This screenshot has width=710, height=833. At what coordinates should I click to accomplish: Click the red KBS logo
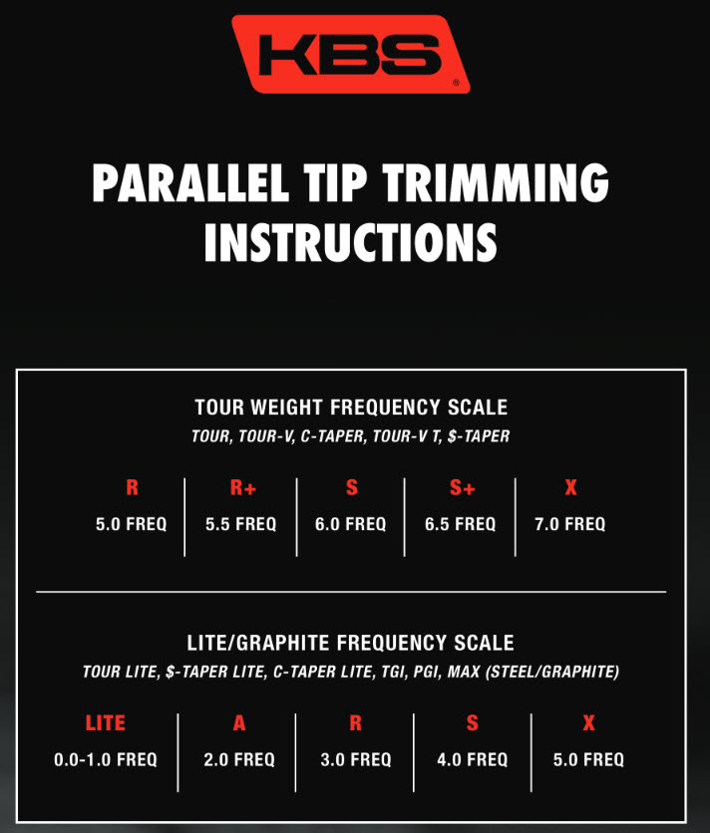pyautogui.click(x=351, y=54)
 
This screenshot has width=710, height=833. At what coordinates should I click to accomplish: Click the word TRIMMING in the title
pyautogui.click(x=496, y=182)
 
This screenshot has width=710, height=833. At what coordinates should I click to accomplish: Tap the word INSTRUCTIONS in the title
pyautogui.click(x=350, y=242)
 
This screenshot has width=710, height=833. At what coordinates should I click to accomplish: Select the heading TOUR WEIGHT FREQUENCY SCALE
pyautogui.click(x=351, y=408)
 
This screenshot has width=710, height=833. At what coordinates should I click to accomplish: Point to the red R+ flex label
pyautogui.click(x=243, y=487)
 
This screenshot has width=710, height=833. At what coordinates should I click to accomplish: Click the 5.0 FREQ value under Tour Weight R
pyautogui.click(x=132, y=524)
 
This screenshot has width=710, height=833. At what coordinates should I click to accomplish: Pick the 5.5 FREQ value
pyautogui.click(x=241, y=524)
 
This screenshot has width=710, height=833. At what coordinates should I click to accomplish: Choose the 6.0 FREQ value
pyautogui.click(x=350, y=524)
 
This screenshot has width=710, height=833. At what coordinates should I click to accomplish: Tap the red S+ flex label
pyautogui.click(x=462, y=487)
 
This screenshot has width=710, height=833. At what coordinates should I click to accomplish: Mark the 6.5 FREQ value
pyautogui.click(x=460, y=524)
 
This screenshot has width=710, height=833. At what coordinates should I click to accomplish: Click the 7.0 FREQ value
pyautogui.click(x=570, y=524)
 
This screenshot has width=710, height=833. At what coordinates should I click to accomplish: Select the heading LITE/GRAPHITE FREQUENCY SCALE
pyautogui.click(x=350, y=643)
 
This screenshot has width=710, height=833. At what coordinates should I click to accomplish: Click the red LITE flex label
pyautogui.click(x=106, y=723)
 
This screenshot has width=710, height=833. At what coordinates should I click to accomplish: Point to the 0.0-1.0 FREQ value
pyautogui.click(x=106, y=759)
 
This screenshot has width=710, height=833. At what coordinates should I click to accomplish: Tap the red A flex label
pyautogui.click(x=239, y=723)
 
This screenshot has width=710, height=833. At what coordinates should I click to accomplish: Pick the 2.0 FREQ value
pyautogui.click(x=239, y=759)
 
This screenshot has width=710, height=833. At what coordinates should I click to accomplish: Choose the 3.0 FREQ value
pyautogui.click(x=356, y=759)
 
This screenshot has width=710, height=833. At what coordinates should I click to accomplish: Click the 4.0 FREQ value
pyautogui.click(x=473, y=759)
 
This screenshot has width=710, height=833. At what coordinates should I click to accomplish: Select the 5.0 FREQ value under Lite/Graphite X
pyautogui.click(x=588, y=759)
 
